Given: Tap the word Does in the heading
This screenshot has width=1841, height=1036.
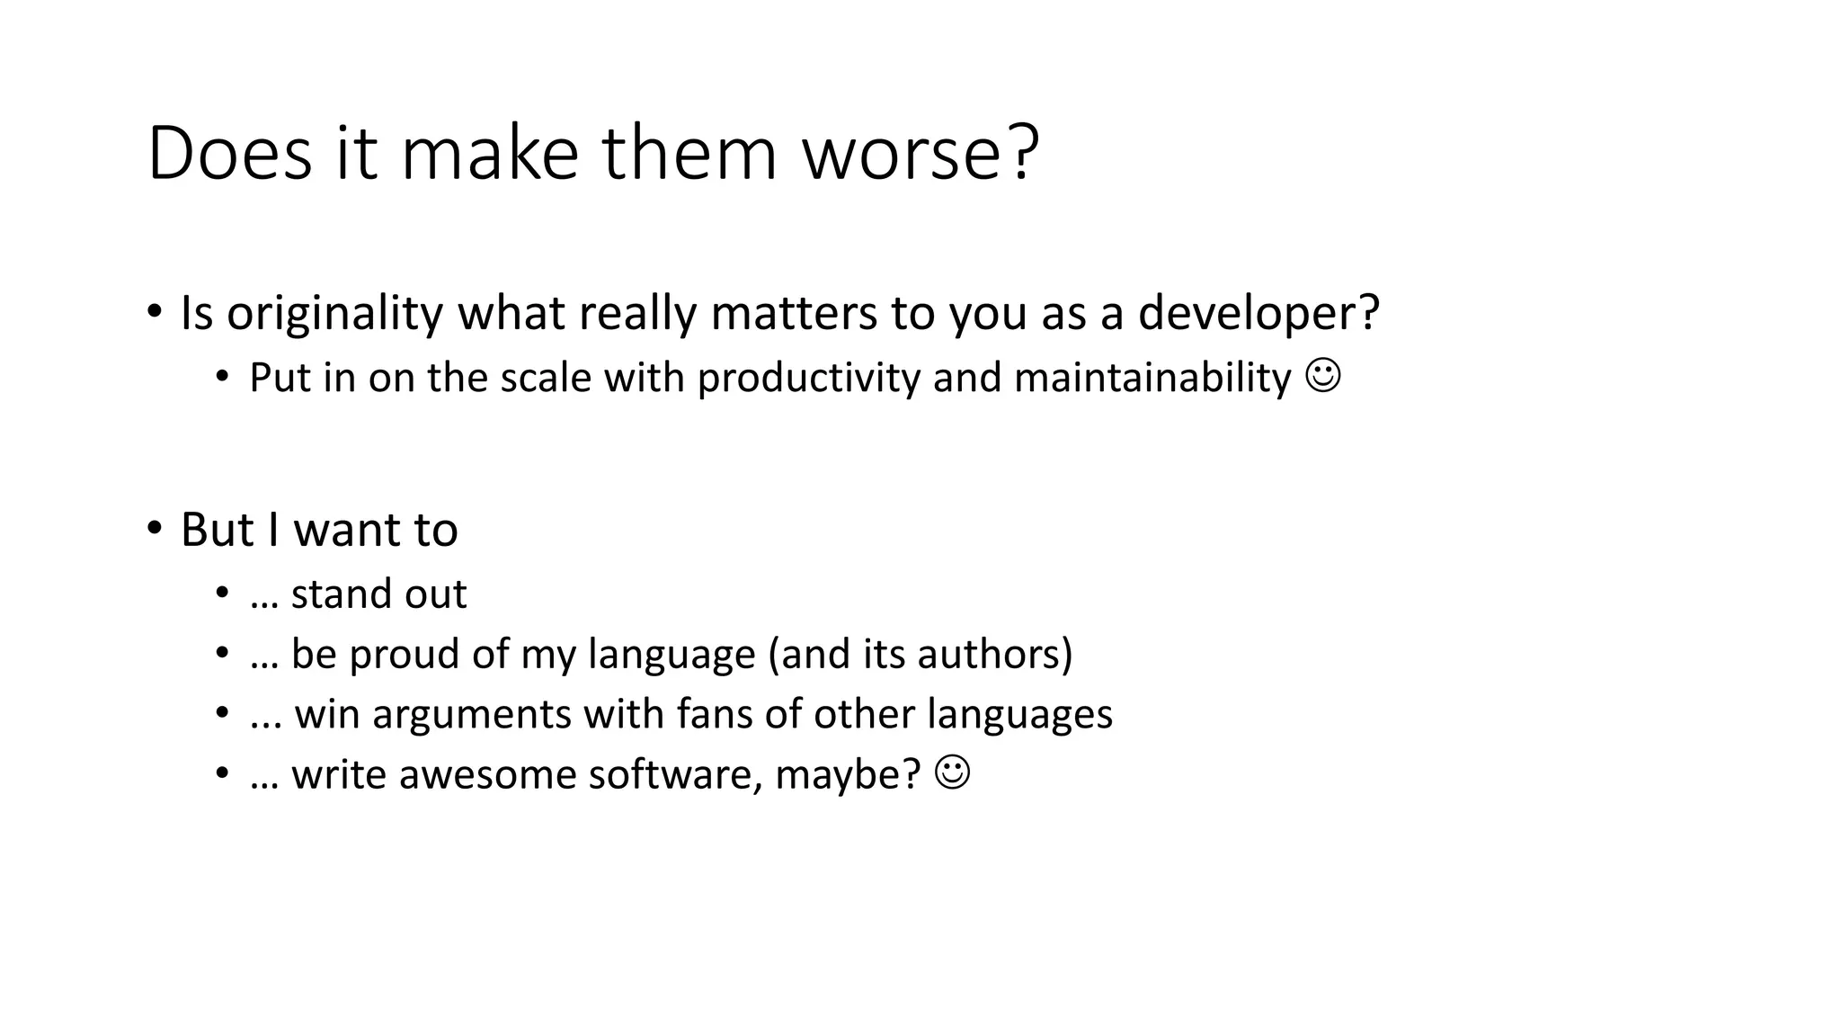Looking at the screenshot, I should coord(229,154).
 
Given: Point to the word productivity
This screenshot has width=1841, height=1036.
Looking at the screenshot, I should coord(809,378).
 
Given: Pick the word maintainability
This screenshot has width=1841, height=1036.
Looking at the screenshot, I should coord(1152,378).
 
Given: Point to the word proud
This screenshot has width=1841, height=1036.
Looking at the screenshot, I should coord(404,655).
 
